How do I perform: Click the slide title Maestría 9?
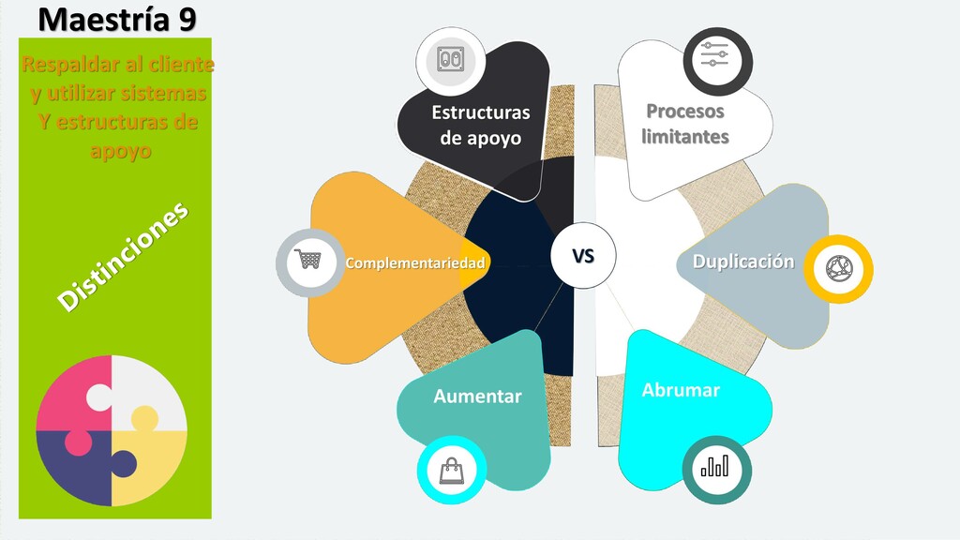click(117, 19)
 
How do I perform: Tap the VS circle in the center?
click(583, 254)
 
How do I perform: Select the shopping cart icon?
click(307, 260)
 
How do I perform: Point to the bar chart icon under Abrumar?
click(717, 466)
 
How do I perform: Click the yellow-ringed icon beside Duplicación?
click(837, 268)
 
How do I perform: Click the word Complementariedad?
click(414, 263)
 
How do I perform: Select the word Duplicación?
click(742, 262)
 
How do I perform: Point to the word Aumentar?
click(477, 397)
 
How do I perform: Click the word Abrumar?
click(681, 390)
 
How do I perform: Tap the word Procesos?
click(685, 112)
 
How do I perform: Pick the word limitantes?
click(685, 137)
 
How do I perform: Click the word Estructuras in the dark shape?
click(480, 113)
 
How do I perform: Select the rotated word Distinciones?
click(123, 255)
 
